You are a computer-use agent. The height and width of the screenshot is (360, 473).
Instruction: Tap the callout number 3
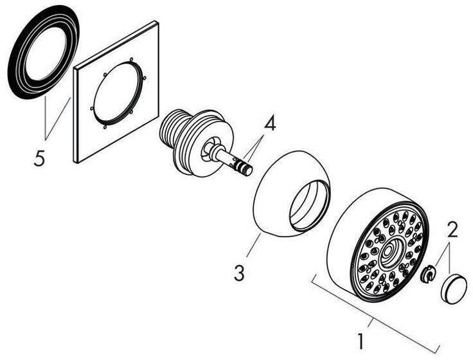click(239, 273)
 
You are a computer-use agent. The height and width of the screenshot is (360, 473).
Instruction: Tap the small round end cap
click(454, 286)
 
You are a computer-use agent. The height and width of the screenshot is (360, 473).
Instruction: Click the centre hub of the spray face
click(389, 256)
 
